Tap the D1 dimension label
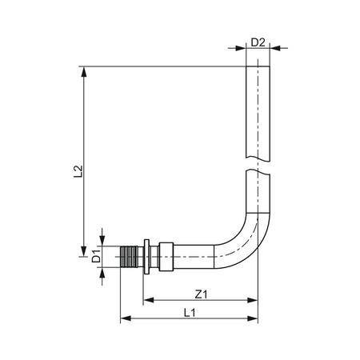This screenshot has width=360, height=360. coord(95,257)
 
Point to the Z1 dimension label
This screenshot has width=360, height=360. coord(201,294)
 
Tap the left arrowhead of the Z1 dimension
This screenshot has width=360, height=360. coord(148,302)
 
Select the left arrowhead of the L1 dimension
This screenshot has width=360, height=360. coord(124,321)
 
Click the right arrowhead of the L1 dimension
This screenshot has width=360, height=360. coord(257,321)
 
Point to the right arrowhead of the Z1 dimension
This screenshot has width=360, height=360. coord(257,302)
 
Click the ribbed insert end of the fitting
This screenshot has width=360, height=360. coord(130,257)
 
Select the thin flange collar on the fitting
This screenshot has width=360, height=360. coord(146,257)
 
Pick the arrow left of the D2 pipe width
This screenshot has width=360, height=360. coord(241,48)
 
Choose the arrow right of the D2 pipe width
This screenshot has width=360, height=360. coord(274,48)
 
